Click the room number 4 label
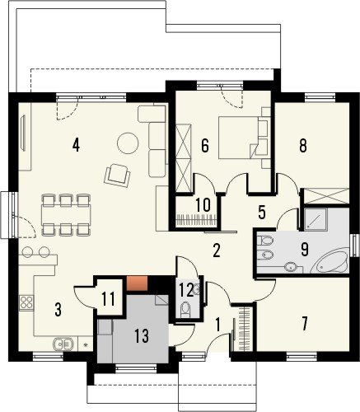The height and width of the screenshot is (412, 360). [76, 145]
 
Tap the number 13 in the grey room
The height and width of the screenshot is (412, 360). [142, 335]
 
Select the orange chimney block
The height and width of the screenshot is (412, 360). [137, 283]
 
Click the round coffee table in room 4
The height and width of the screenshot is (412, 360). [128, 143]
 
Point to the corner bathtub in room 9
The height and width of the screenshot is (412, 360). [330, 261]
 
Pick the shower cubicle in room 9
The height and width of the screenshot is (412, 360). [316, 219]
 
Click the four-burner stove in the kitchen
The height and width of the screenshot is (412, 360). [26, 303]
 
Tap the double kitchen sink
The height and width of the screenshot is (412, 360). [63, 344]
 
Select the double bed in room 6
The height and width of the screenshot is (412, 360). [238, 138]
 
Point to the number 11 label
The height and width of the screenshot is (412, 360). [108, 299]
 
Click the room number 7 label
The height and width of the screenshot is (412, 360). [304, 324]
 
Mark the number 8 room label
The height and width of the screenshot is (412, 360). [303, 146]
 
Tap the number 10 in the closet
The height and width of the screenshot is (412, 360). [203, 204]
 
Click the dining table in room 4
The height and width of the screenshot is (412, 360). [66, 215]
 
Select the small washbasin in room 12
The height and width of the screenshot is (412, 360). [197, 288]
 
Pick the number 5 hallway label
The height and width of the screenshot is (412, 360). [262, 213]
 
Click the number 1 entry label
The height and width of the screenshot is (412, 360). [217, 325]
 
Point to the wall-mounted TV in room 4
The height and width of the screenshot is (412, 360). [23, 133]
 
